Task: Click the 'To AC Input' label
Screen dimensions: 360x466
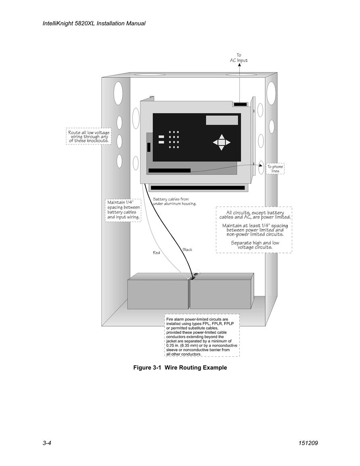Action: click(x=239, y=58)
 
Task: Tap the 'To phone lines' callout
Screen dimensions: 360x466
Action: click(x=275, y=169)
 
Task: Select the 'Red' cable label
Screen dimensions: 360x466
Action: click(x=156, y=253)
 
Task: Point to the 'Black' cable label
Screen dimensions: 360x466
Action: click(x=187, y=250)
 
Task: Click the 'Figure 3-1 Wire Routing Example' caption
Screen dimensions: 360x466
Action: click(x=180, y=368)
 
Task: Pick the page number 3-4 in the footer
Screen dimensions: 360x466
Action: click(x=47, y=443)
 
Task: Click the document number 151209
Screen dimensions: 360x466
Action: click(x=308, y=443)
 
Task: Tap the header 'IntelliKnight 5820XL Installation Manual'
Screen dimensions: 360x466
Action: click(x=94, y=23)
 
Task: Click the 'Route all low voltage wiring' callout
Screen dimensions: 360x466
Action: click(x=89, y=136)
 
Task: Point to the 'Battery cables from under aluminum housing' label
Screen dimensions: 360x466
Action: click(x=174, y=201)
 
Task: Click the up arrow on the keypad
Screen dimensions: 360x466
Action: click(x=222, y=136)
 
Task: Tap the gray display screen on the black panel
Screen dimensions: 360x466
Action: click(x=222, y=120)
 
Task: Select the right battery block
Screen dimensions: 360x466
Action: click(x=222, y=291)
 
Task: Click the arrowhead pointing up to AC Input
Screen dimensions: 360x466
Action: click(x=240, y=65)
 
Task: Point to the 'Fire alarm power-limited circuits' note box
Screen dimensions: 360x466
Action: click(x=202, y=335)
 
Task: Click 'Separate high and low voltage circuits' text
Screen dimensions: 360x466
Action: click(x=255, y=245)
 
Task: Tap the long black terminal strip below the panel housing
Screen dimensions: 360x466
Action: click(x=198, y=188)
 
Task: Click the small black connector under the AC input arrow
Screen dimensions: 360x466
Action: click(x=240, y=104)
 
